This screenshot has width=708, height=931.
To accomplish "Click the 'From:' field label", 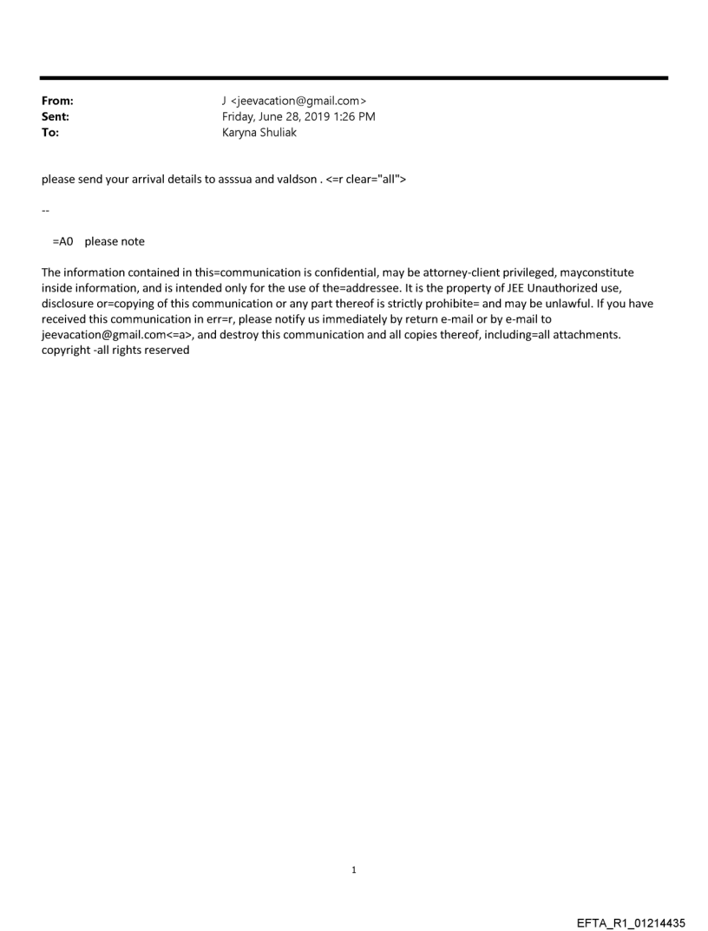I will (x=57, y=102).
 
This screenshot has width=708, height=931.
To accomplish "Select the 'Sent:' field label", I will (x=56, y=117).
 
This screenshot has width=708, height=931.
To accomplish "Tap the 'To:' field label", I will (x=50, y=133).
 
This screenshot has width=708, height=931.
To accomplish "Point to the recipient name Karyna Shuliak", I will (x=259, y=133).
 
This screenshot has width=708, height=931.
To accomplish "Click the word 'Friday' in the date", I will (x=239, y=117).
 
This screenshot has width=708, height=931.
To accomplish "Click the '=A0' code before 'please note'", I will (x=62, y=241).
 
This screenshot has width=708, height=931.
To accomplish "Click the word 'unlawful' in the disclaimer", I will (x=547, y=304).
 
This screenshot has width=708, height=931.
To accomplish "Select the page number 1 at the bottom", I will (x=353, y=870).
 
